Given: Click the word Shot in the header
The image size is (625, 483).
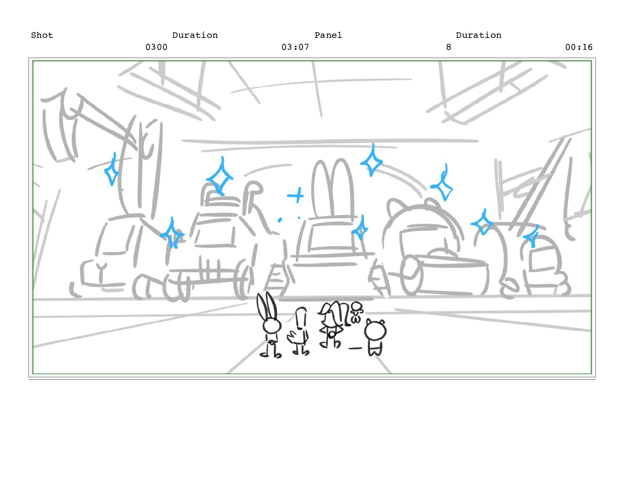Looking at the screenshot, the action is coord(42,35).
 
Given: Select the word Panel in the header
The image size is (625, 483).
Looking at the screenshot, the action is coord(328,35).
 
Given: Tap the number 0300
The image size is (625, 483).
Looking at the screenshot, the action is coord(157,47).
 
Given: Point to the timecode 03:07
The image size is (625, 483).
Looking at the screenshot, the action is coord(296,47).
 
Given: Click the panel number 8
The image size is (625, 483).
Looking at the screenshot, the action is coord(449,47).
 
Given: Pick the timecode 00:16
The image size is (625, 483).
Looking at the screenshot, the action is coord(579,47).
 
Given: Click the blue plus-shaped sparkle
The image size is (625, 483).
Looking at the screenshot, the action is coord(296,195).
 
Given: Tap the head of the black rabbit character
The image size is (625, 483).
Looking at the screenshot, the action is coord(272,326).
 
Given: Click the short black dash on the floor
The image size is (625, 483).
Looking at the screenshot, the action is coord(355,348).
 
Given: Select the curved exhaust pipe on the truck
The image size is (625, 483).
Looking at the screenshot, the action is coord(253,198).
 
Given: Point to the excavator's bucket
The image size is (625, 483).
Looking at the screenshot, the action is coord(59,127).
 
